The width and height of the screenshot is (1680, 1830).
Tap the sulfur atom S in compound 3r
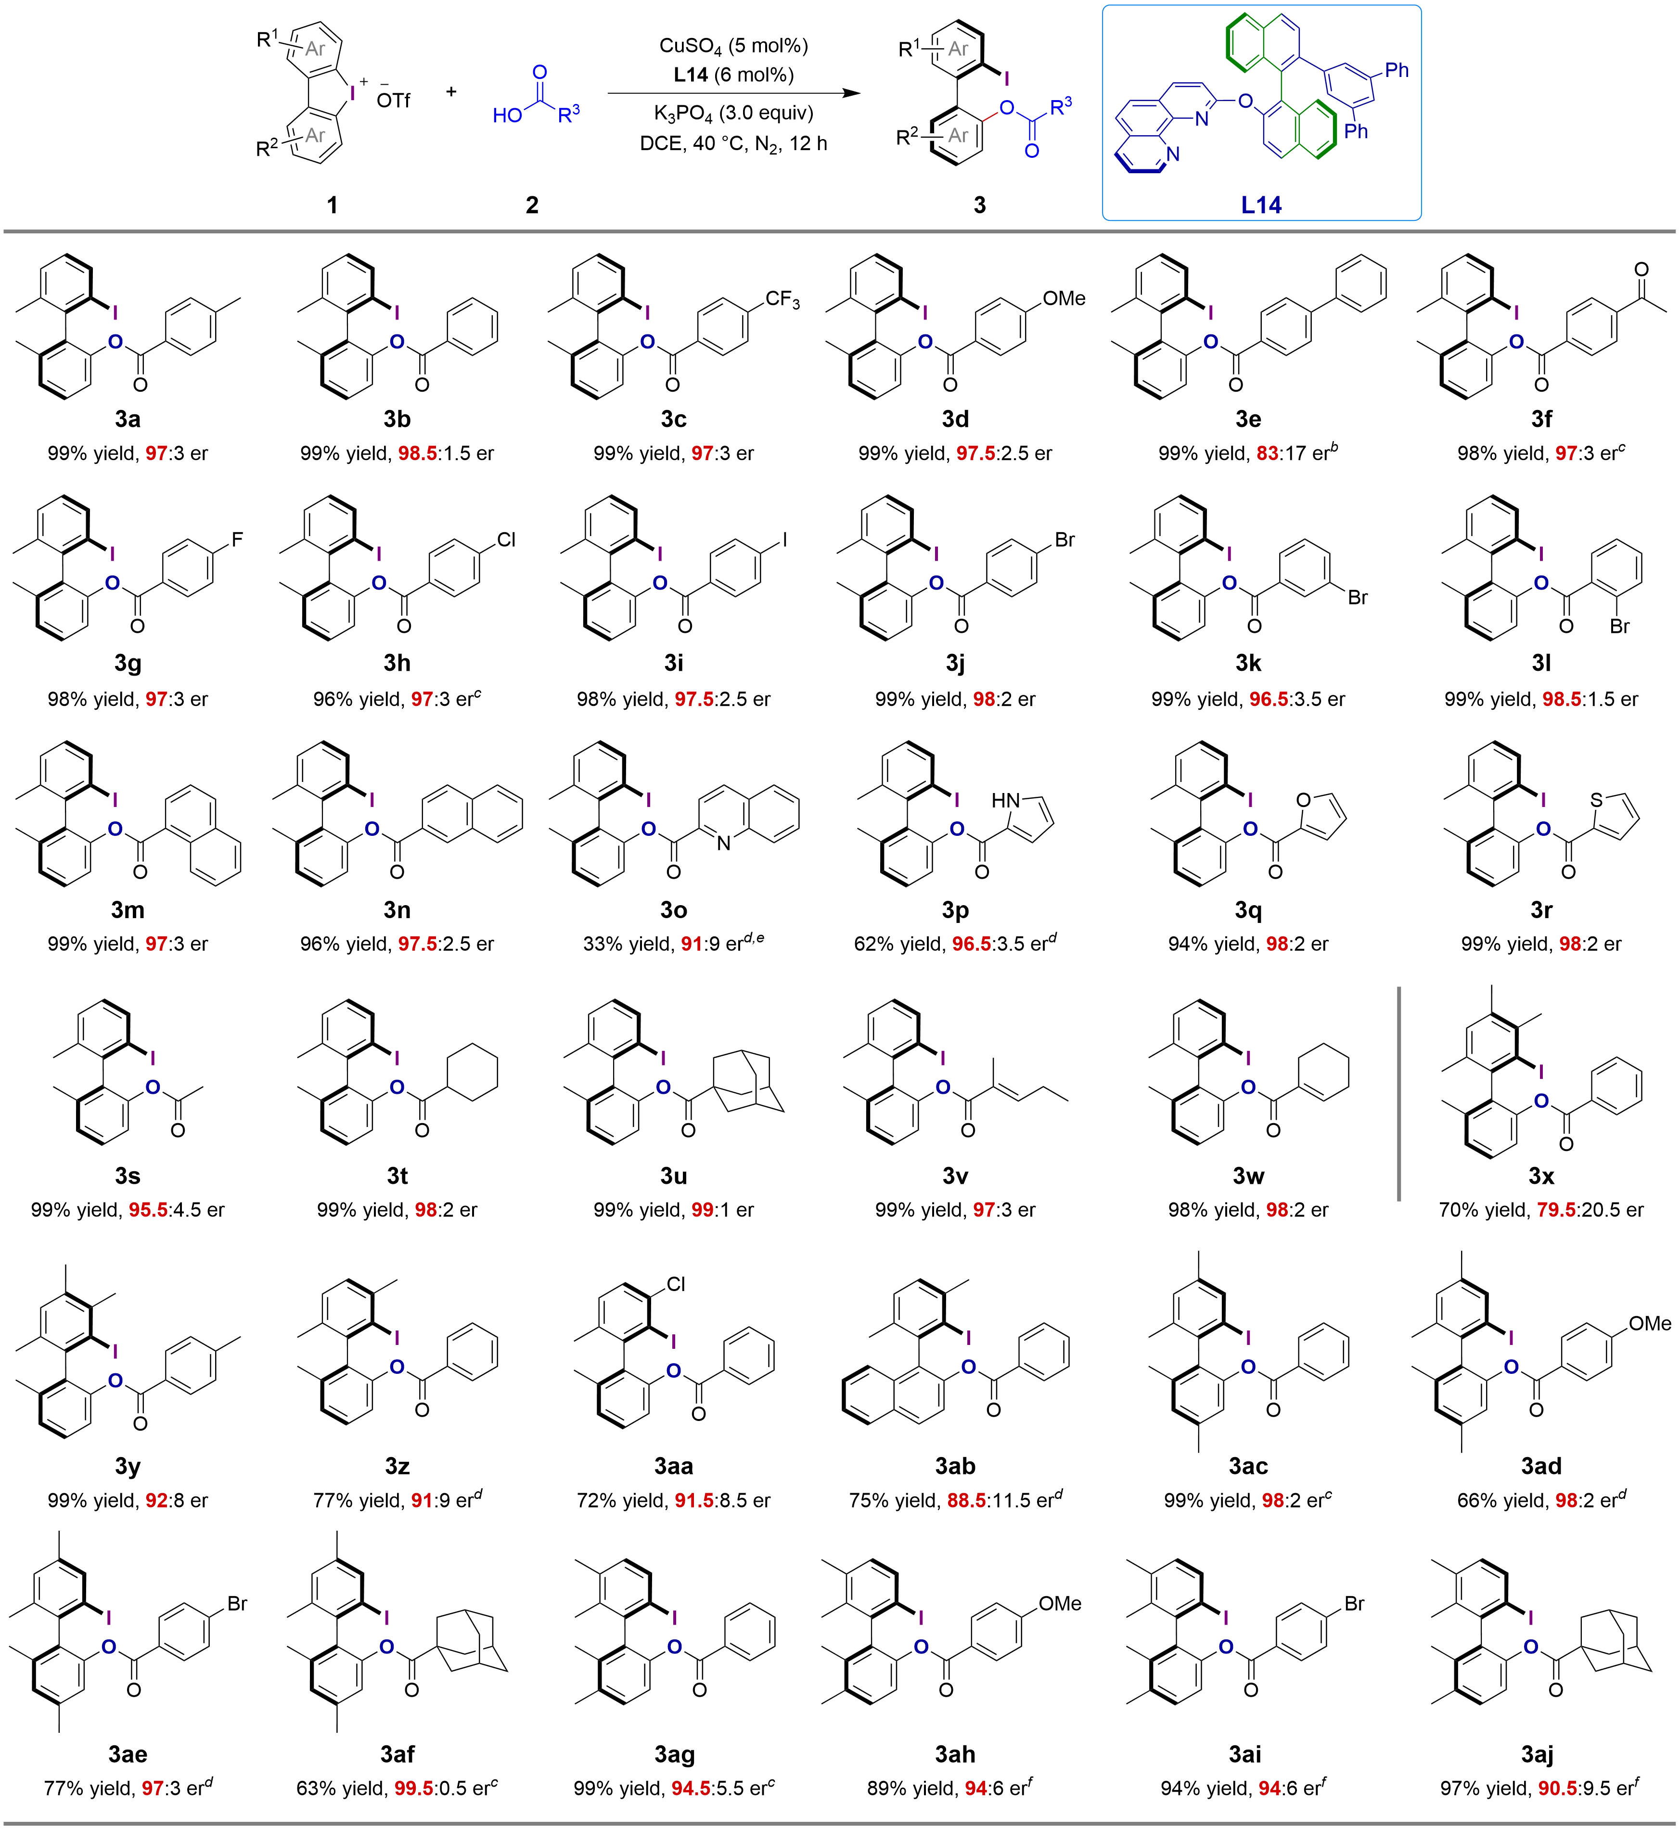(1595, 801)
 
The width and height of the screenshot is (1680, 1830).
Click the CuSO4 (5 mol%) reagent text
(733, 45)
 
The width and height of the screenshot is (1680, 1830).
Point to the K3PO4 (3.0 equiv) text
(733, 113)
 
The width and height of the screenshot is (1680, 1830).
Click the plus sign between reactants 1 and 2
(452, 91)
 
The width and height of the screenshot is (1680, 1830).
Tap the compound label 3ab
(955, 1465)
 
